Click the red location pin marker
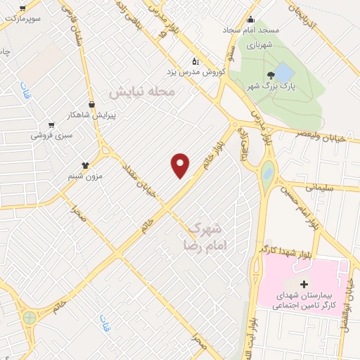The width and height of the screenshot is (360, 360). [181, 165]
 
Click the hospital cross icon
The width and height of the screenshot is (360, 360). [304, 284]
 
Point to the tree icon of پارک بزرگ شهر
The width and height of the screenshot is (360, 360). [270, 75]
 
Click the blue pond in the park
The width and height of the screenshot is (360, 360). [283, 72]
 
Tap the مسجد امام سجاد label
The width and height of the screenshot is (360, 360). [251, 31]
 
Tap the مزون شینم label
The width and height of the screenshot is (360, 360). [85, 176]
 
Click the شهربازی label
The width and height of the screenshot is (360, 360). [258, 44]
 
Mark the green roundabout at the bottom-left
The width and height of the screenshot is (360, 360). [29, 318]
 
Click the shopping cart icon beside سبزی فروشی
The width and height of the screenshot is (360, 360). [51, 124]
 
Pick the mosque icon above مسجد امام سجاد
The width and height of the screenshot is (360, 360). [251, 20]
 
